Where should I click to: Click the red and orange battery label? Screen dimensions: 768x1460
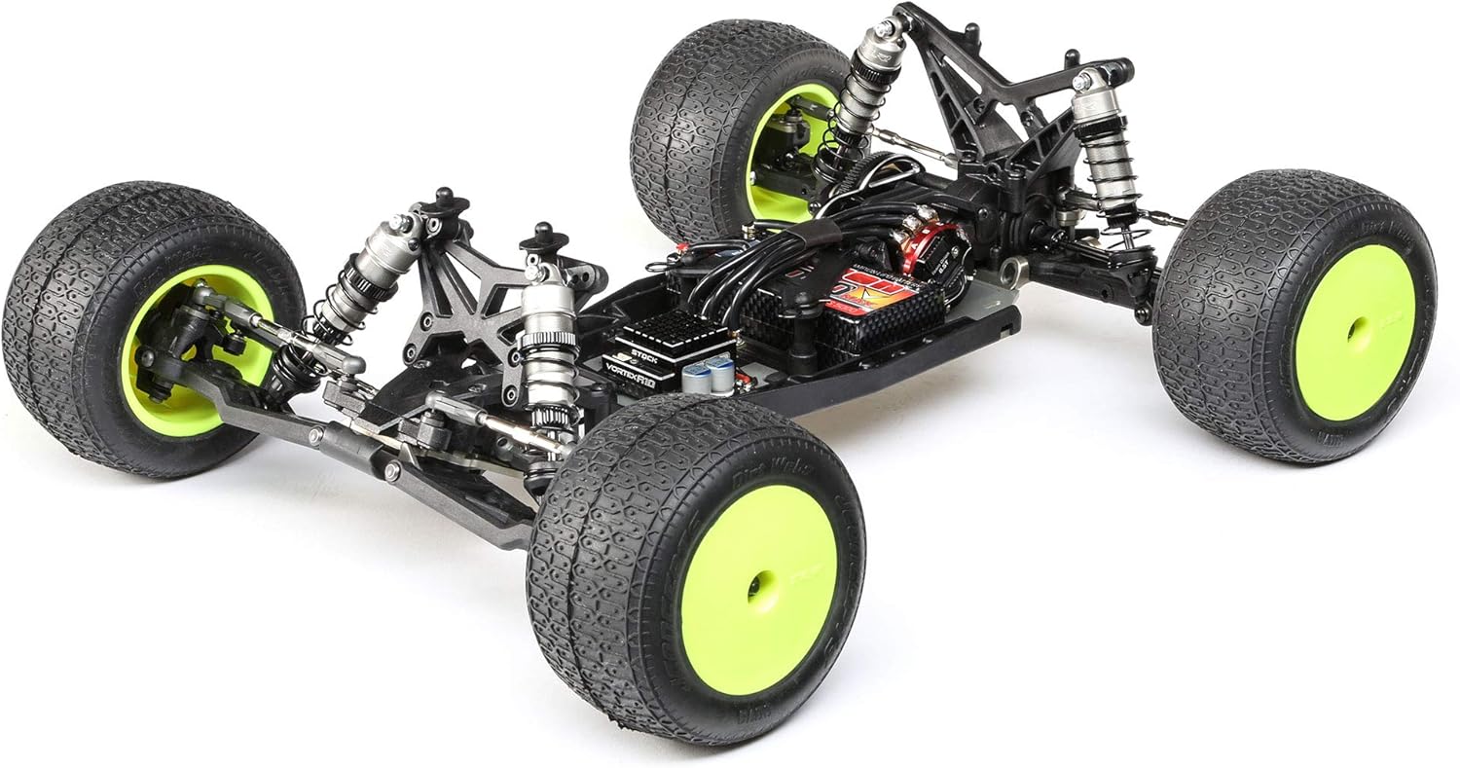pos(871,289)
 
